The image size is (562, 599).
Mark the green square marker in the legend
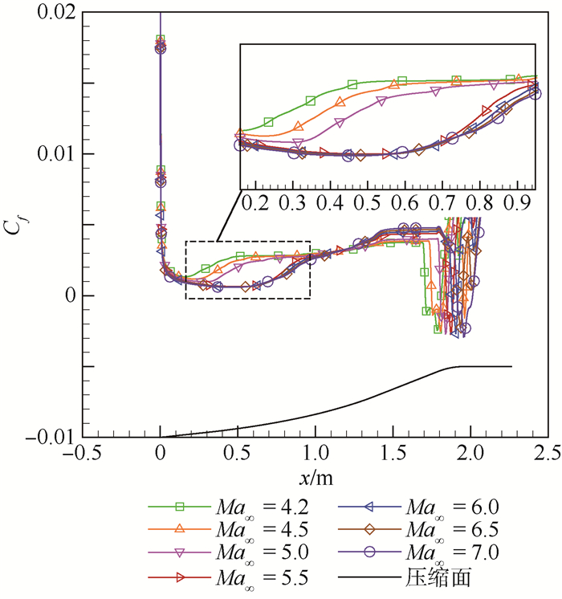tap(180, 506)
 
